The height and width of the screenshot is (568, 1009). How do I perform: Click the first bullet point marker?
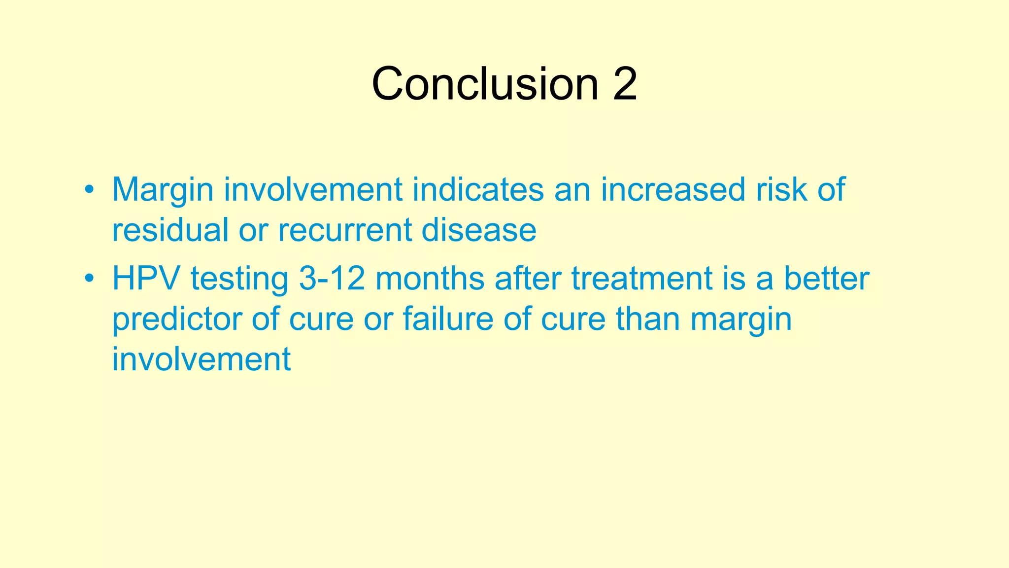tap(89, 190)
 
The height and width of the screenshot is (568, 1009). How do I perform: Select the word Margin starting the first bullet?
tap(163, 190)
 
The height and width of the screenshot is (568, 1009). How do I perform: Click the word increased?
tap(673, 190)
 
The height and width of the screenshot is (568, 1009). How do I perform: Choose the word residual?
tap(170, 230)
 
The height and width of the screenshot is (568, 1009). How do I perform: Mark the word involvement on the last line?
tap(201, 359)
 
